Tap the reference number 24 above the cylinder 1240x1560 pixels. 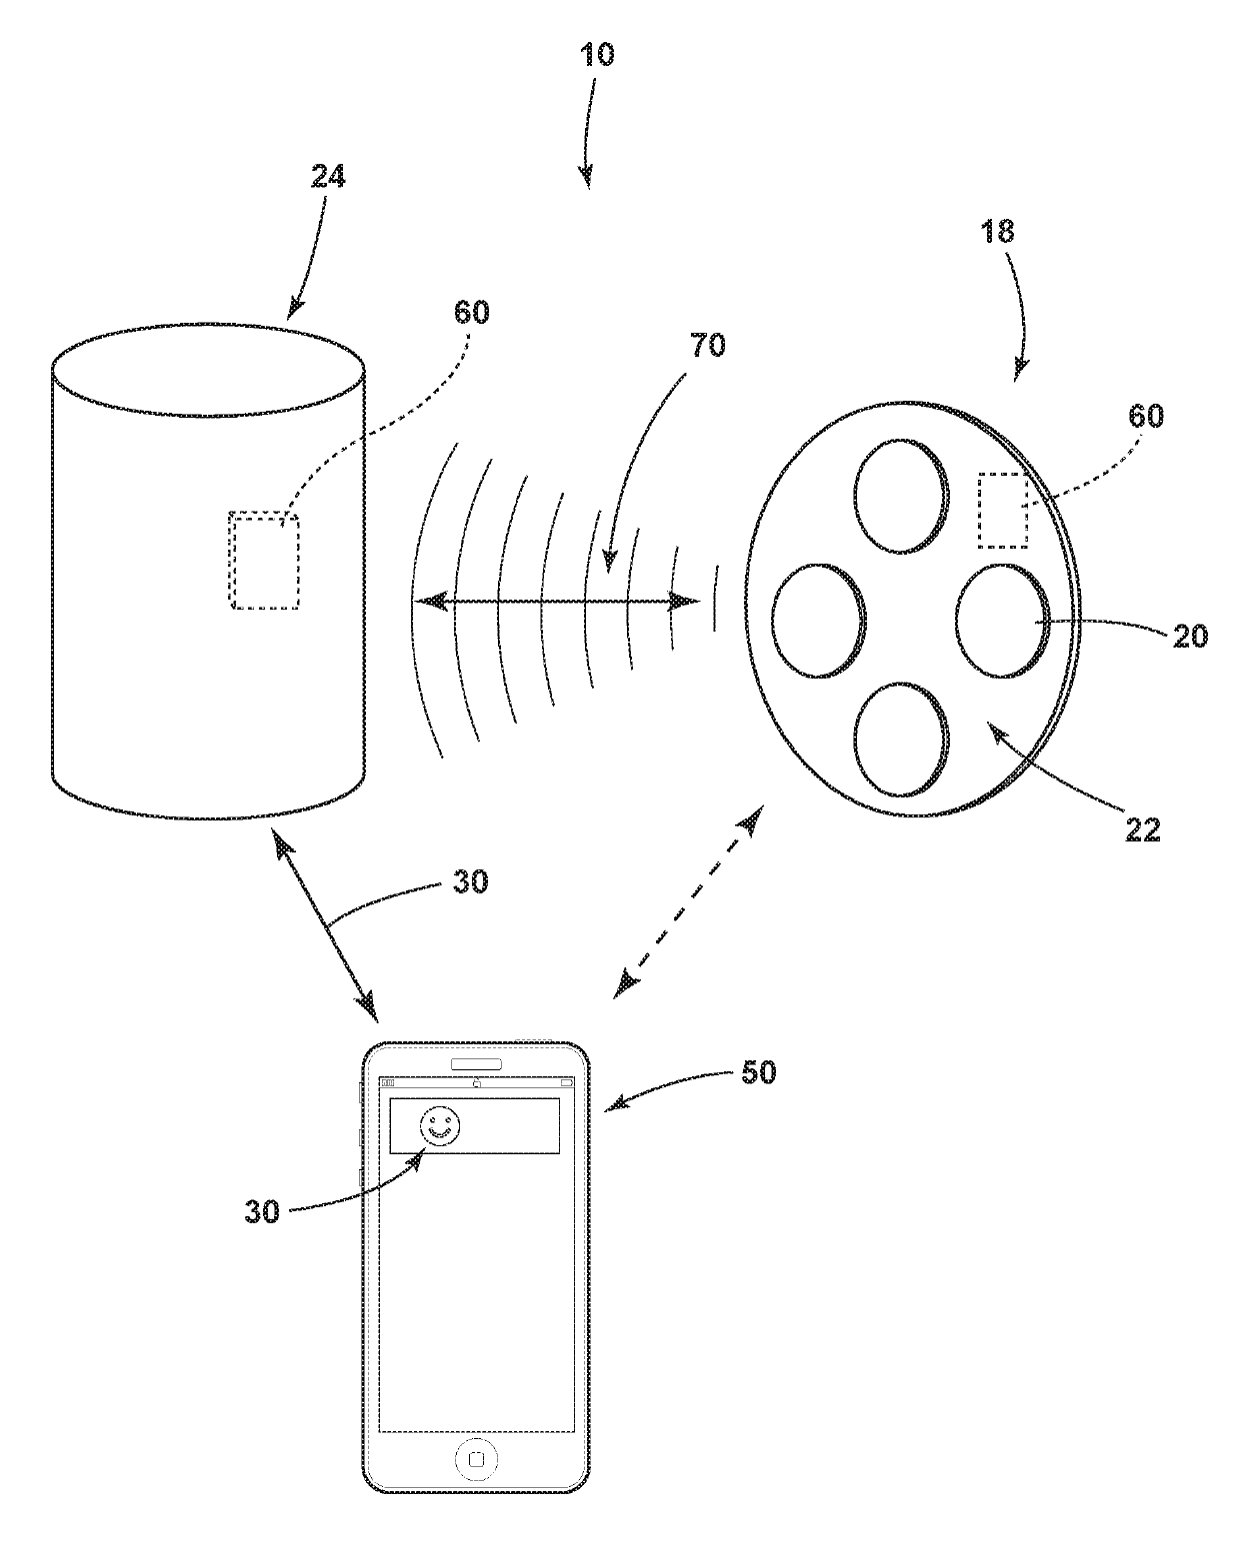pyautogui.click(x=327, y=177)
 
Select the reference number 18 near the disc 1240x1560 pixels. pyautogui.click(x=997, y=232)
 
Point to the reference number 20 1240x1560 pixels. pyautogui.click(x=1189, y=635)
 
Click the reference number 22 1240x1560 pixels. pyautogui.click(x=1141, y=828)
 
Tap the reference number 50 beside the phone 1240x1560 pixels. pyautogui.click(x=757, y=1075)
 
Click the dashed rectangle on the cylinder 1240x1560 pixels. pyautogui.click(x=264, y=560)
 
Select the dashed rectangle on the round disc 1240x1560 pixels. pyautogui.click(x=1002, y=511)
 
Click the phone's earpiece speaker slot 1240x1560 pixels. pyautogui.click(x=476, y=1062)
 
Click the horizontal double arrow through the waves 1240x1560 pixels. pyautogui.click(x=557, y=602)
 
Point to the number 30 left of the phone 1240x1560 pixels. pyautogui.click(x=263, y=1211)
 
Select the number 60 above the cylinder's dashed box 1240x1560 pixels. pyautogui.click(x=472, y=312)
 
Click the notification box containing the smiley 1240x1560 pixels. pyautogui.click(x=473, y=1126)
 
